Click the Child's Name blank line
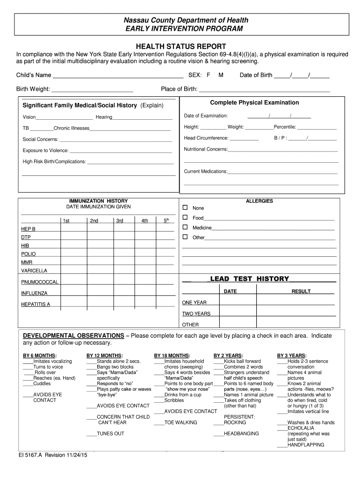(x=117, y=75)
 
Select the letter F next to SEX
(x=209, y=75)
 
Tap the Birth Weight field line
(x=92, y=89)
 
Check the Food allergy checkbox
(x=185, y=218)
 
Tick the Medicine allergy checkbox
(x=185, y=227)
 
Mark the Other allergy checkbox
(x=185, y=237)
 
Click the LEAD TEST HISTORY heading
(x=250, y=279)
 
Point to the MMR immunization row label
(x=27, y=262)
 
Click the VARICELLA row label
(x=34, y=271)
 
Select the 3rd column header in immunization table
(x=120, y=220)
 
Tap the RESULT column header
(x=301, y=291)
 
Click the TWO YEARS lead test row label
(x=196, y=314)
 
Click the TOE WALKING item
(x=180, y=422)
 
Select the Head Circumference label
(x=206, y=138)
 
